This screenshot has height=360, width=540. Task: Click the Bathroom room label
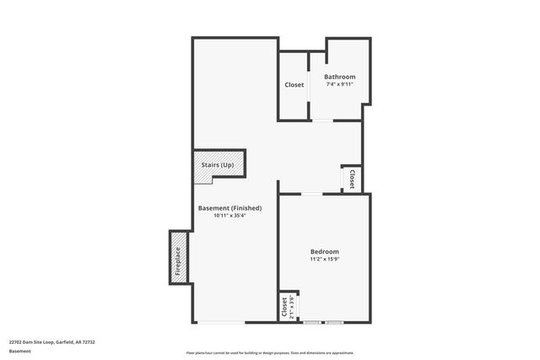click(x=339, y=77)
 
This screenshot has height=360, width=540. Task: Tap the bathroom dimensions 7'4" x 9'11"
click(x=339, y=84)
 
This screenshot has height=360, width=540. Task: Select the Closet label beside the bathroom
click(x=294, y=85)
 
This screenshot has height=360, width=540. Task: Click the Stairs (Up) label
click(x=218, y=164)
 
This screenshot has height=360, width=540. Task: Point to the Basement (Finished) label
click(x=229, y=208)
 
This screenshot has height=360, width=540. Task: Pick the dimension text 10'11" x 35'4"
click(x=229, y=216)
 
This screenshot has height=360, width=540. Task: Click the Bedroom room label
click(x=324, y=252)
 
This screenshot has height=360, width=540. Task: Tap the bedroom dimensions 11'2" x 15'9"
click(x=324, y=260)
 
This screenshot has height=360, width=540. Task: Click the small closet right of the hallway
click(x=352, y=179)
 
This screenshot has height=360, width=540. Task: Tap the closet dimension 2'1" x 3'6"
click(x=291, y=307)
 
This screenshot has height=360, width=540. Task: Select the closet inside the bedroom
click(x=284, y=307)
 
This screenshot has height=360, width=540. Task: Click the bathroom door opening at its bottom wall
click(x=322, y=120)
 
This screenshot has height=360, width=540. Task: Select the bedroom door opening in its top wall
click(x=311, y=195)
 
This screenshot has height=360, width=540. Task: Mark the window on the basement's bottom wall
click(x=221, y=322)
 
